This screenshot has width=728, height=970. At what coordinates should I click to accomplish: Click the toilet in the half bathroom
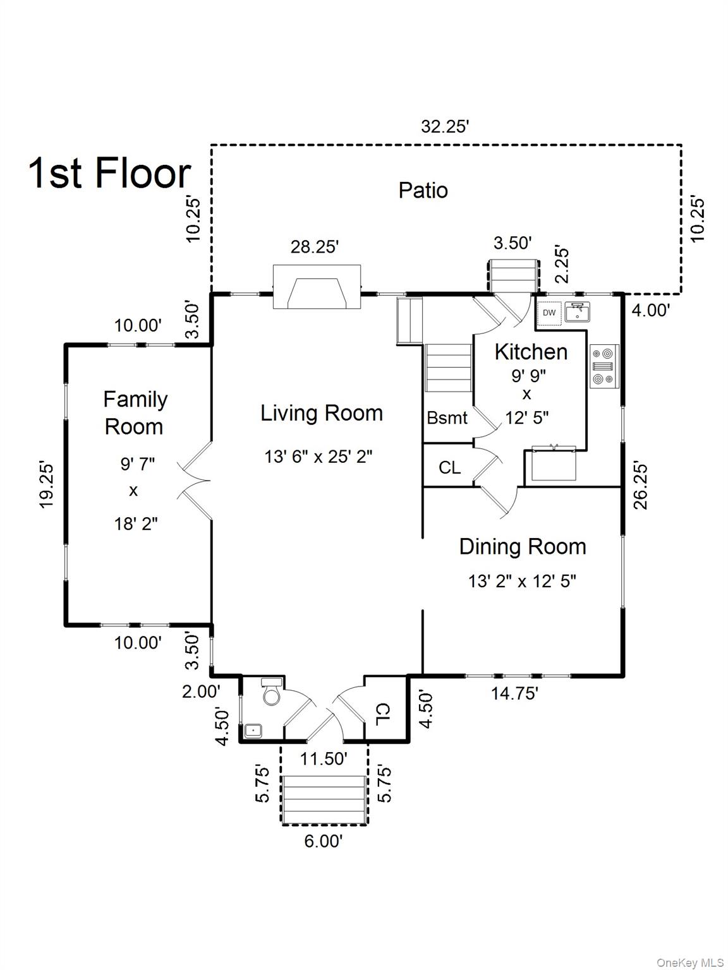click(x=271, y=692)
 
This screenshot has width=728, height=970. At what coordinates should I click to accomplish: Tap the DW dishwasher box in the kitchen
click(x=549, y=313)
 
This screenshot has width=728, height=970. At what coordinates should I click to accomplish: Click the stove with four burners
click(x=604, y=366)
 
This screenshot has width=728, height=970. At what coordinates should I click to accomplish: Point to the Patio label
click(x=423, y=191)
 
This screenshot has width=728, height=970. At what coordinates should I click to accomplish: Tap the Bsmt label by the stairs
click(x=447, y=417)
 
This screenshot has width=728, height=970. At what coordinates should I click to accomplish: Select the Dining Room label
click(x=523, y=547)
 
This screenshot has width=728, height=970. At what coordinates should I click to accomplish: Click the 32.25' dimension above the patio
click(x=444, y=127)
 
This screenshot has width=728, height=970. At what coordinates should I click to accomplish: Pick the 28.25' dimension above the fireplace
click(x=314, y=247)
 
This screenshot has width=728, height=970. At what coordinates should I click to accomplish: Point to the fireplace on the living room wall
click(x=317, y=287)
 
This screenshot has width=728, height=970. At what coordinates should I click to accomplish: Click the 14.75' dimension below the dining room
click(x=514, y=694)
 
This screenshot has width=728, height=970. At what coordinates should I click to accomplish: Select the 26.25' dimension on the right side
click(x=641, y=486)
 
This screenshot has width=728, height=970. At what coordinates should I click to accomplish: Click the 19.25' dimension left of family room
click(x=46, y=486)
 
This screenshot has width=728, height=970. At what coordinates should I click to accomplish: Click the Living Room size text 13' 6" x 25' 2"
click(x=318, y=456)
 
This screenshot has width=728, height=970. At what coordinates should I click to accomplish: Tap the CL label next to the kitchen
click(x=449, y=467)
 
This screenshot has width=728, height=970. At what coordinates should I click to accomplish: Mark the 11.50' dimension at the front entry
click(x=324, y=759)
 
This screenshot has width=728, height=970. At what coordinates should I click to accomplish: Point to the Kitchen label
click(x=531, y=352)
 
